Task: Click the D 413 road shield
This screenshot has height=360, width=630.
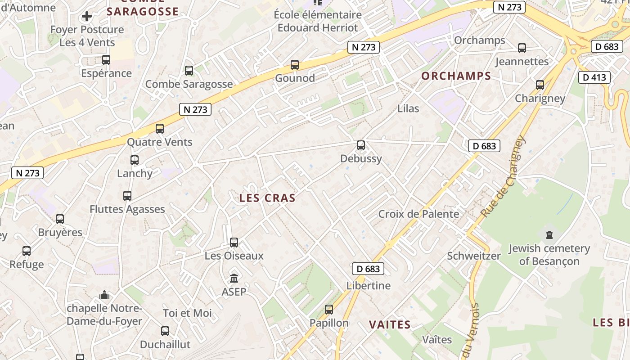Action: [x=594, y=77]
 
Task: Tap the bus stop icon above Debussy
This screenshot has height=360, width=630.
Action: [x=361, y=145]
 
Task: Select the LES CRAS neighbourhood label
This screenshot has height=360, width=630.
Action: [x=267, y=198]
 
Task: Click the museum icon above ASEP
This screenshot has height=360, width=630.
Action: [x=234, y=278]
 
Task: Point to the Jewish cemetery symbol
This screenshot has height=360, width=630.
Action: [x=549, y=234]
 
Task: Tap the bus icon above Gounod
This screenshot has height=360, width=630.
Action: [x=295, y=65]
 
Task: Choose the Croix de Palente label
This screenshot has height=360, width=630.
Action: [x=418, y=214]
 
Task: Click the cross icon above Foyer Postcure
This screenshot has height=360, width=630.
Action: [x=87, y=17]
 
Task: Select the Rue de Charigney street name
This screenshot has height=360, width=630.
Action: [x=503, y=176]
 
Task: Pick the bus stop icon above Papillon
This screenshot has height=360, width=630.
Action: [x=329, y=310]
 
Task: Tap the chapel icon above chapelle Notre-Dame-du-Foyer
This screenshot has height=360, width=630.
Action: [x=104, y=295]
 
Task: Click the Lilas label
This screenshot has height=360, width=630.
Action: [x=408, y=108]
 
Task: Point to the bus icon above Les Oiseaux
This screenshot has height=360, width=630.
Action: [x=234, y=243]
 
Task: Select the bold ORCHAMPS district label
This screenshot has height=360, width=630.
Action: [x=456, y=76]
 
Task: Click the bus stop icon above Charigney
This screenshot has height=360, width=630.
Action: [x=540, y=85]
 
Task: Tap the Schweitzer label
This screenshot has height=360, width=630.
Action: [x=473, y=256]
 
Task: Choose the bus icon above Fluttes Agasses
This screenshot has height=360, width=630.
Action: [x=127, y=196]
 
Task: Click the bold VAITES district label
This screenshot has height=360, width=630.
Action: [x=390, y=324]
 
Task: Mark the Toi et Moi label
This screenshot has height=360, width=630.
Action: [x=187, y=313]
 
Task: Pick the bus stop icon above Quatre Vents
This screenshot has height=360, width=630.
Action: [x=160, y=129]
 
